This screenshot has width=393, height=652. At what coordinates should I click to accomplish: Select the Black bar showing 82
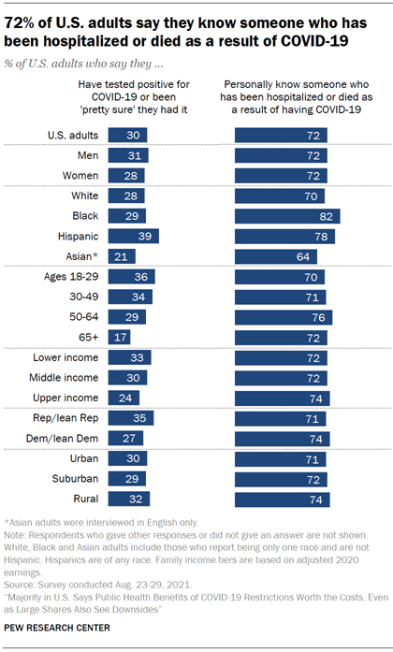point(286,215)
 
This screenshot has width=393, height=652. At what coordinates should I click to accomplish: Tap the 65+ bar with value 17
point(120,337)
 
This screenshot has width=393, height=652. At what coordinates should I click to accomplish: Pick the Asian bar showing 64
point(275,256)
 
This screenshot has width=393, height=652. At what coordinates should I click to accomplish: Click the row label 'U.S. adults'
point(73,135)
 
